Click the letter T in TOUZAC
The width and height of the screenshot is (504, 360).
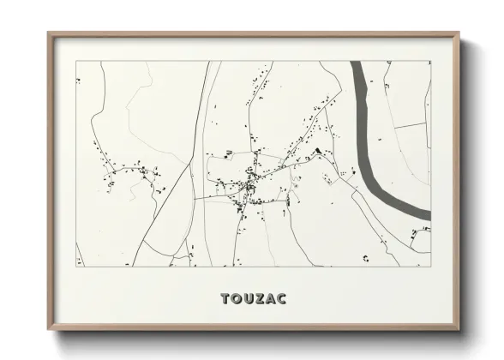point(225,299)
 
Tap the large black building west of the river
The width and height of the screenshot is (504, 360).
point(317,151)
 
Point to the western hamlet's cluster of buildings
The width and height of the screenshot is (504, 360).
point(129,171)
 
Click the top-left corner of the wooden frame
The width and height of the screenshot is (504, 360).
point(48,33)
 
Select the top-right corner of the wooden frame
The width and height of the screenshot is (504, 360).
point(459,33)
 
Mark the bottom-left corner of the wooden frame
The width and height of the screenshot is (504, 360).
point(48,331)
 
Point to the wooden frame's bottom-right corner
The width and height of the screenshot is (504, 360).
point(459,331)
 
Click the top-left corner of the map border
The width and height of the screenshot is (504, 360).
point(76,61)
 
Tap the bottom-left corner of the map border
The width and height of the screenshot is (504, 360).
point(76,267)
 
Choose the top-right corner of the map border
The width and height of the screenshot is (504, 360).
point(431,61)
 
